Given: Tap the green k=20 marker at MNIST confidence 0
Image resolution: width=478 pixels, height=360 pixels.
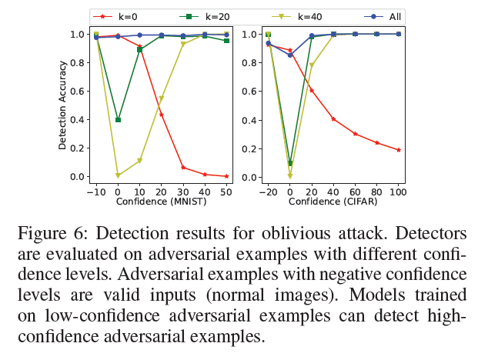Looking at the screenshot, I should (118, 120).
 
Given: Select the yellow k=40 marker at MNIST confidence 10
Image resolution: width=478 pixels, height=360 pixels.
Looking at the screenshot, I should (139, 161).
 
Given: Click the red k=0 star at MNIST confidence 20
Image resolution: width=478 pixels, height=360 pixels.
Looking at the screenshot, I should (161, 115).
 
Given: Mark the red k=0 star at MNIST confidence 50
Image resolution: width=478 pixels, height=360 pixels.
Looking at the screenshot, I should (226, 176).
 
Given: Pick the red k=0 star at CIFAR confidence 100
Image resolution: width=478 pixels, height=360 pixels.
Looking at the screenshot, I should (399, 150).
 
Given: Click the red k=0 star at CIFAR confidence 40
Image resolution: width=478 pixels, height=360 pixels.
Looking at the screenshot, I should (333, 119).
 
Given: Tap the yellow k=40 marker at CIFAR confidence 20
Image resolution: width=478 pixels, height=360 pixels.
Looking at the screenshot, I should (312, 65).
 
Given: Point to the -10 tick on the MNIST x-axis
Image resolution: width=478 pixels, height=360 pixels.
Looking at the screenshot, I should (95, 191).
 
